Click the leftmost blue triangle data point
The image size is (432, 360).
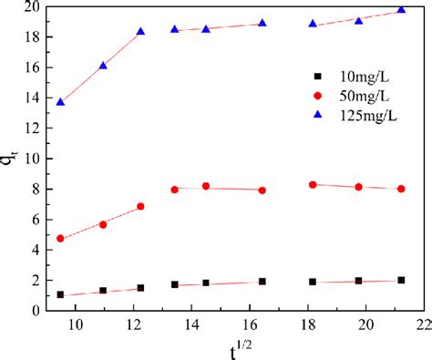(x=60, y=102)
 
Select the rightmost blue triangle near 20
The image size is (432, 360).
(x=401, y=10)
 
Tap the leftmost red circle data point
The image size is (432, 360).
(x=60, y=239)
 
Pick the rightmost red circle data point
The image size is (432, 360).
(x=401, y=189)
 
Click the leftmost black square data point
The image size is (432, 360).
(x=60, y=294)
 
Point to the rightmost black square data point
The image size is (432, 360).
(x=401, y=281)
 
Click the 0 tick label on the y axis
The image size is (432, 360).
(x=34, y=311)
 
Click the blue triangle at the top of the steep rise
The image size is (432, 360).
(x=140, y=32)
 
